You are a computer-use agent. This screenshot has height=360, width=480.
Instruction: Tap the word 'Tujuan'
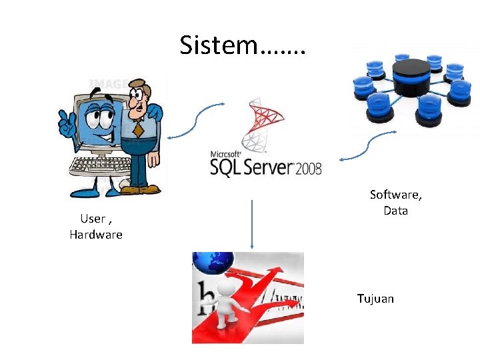coord(375,299)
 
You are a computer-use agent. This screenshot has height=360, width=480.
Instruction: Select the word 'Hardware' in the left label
coord(96,235)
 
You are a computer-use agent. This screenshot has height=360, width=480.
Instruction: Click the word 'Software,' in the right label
coord(396,195)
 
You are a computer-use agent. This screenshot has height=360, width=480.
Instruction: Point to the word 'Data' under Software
coord(395,211)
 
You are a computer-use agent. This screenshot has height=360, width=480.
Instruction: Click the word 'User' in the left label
coord(93,219)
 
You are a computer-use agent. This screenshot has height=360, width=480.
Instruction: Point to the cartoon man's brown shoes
coord(140,189)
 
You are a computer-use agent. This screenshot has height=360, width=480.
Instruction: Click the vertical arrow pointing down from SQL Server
coord(252,223)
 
